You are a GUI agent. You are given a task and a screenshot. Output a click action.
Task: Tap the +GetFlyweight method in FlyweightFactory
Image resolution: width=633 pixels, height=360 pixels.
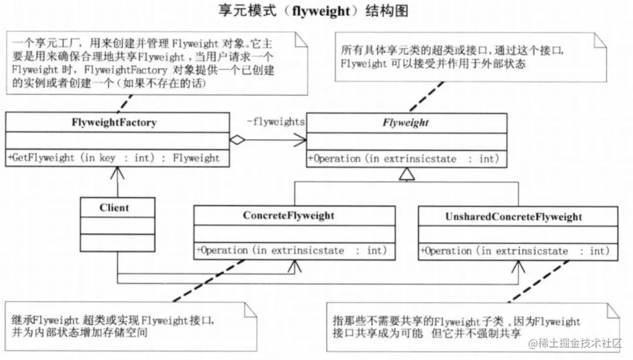coord(114,158)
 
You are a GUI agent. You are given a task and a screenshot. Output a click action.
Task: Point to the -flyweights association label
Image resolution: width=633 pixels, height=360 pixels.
coord(275,122)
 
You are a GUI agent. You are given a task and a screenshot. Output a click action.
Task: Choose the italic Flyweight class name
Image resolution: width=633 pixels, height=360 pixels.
coord(406,123)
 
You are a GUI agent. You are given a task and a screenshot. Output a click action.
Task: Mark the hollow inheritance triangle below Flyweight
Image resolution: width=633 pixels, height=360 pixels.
coord(406,174)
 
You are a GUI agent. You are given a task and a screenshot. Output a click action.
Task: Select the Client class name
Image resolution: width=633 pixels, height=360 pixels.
coord(114,208)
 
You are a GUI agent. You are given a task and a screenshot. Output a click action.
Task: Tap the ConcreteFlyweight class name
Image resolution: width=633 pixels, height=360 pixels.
coord(288,216)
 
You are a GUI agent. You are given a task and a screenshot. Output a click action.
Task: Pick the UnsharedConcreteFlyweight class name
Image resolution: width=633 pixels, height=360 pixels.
coord(518,217)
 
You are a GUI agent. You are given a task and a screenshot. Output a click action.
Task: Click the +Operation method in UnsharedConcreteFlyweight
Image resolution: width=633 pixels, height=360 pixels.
coord(519,252)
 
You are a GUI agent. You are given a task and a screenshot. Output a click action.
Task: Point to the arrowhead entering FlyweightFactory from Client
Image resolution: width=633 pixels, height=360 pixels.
coord(118,171)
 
